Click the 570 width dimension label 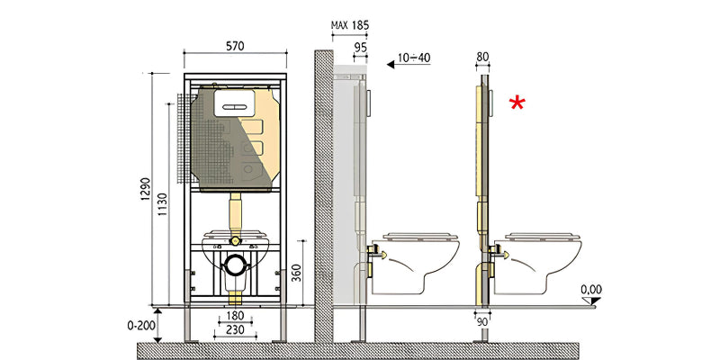click(x=235, y=46)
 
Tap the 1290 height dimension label click(x=145, y=189)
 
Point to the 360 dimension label click(x=297, y=273)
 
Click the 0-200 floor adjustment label click(x=140, y=326)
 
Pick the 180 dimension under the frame click(x=235, y=316)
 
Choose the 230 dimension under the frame click(x=235, y=330)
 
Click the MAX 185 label click(x=350, y=25)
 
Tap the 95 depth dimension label click(x=361, y=47)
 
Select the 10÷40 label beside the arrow click(x=414, y=58)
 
